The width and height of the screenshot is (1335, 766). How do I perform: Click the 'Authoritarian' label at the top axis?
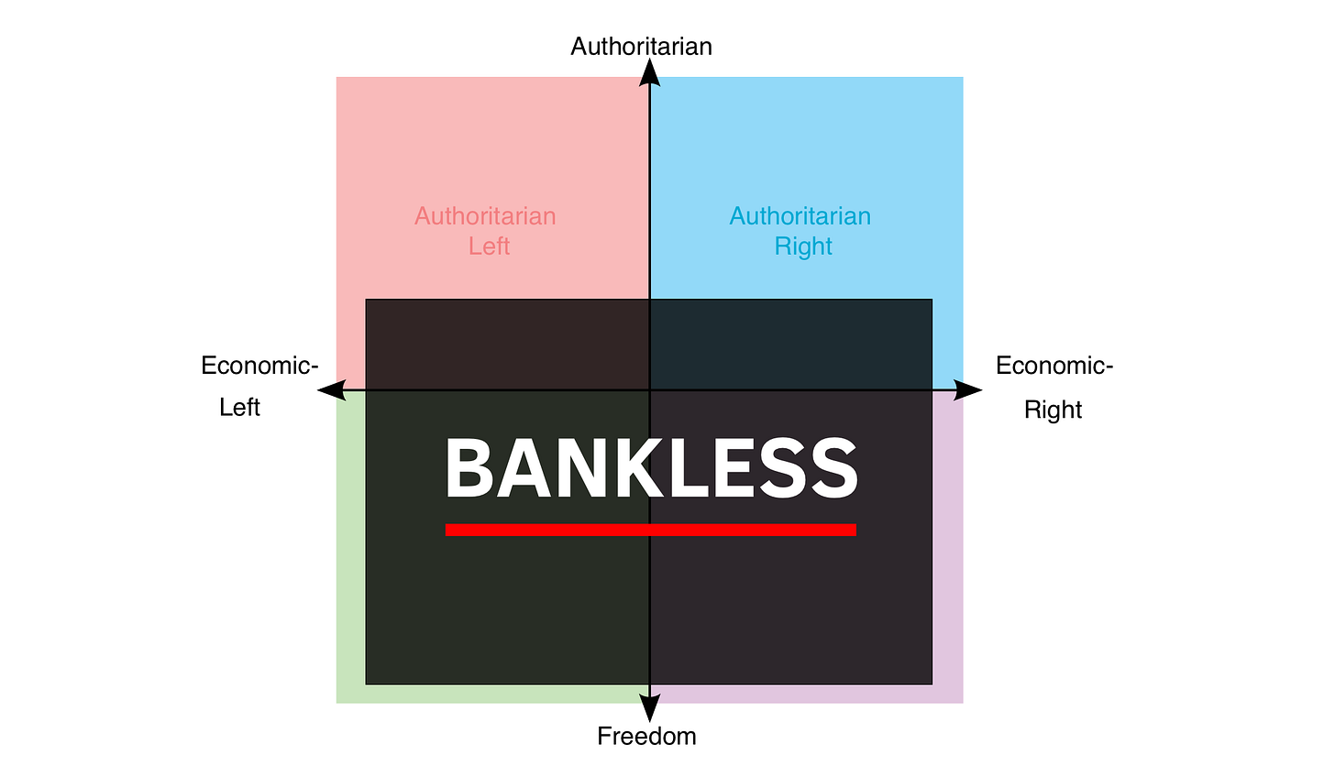(x=641, y=47)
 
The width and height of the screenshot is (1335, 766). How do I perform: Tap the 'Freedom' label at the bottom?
(x=646, y=736)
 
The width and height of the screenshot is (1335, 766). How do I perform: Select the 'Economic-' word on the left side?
(x=259, y=366)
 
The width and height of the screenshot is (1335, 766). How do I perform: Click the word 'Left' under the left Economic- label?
(x=239, y=408)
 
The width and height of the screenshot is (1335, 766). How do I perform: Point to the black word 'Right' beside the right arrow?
(x=1054, y=410)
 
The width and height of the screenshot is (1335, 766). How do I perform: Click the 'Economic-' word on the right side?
(x=1054, y=366)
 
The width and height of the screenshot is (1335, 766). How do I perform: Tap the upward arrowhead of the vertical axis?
(x=649, y=72)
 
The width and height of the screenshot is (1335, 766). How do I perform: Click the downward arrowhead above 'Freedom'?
(x=649, y=708)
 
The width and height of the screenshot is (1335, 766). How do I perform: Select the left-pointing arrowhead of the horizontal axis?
(x=332, y=390)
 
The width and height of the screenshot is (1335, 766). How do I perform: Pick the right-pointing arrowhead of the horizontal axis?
(x=967, y=390)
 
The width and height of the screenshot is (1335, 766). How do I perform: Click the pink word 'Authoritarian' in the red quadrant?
(x=485, y=216)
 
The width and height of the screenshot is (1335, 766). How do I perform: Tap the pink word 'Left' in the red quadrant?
(x=489, y=246)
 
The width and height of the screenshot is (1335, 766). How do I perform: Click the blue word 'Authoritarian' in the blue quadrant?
(x=800, y=216)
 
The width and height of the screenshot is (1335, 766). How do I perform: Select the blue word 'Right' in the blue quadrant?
(x=803, y=246)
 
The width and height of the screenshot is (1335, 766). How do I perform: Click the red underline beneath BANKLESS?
(x=651, y=530)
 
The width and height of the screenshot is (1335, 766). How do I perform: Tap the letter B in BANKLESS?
(x=469, y=467)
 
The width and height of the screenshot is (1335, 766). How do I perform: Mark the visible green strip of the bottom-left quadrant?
(x=350, y=547)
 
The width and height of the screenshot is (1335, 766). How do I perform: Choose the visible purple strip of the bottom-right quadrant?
(x=948, y=547)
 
